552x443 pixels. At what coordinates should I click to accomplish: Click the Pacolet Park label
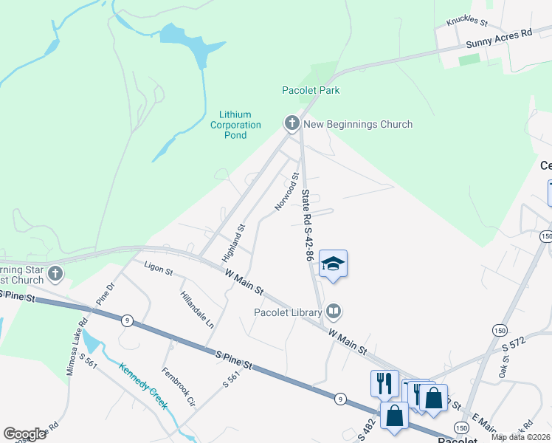311,90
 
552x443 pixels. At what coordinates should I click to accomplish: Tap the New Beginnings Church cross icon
291,124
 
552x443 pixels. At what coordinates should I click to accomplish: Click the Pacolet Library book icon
334,312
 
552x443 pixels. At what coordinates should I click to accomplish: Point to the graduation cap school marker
333,264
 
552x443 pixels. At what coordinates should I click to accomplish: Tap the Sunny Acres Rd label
498,40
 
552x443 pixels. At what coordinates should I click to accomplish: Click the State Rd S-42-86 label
308,225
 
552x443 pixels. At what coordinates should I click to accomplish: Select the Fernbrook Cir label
178,387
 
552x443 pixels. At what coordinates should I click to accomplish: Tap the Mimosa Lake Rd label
77,343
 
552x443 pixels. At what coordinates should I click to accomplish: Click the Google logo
24,434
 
